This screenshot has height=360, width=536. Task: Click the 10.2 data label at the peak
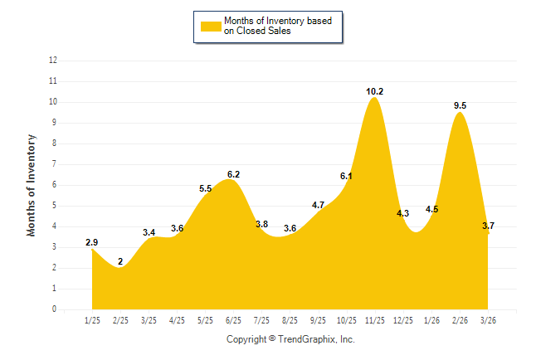pos(375,91)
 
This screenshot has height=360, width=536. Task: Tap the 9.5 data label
pos(460,105)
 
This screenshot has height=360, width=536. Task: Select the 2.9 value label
pos(92,242)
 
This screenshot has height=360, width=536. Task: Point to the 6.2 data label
pos(233,174)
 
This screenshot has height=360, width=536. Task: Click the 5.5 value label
pos(206,189)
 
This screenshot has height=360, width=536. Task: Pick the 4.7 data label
pos(318,205)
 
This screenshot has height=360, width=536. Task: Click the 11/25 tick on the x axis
pos(375,319)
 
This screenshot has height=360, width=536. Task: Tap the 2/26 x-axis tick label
pos(460,319)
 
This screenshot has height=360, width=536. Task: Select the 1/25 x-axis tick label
pos(92,319)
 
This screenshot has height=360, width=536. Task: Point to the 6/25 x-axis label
pos(233,319)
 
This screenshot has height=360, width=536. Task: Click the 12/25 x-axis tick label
pos(403,319)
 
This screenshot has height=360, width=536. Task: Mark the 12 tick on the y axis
pos(53,61)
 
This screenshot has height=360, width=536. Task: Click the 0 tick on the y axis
pos(55,309)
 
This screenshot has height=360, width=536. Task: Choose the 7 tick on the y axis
pos(55,164)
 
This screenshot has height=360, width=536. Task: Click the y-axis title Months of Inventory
pos(32,185)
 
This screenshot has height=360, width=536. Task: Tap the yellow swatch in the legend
pos(211,26)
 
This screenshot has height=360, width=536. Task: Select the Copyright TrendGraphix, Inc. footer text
pos(290,339)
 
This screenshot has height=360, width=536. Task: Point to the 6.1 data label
pos(346,176)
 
